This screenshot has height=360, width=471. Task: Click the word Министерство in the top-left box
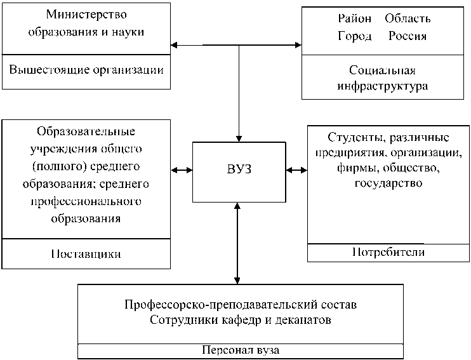[86, 15]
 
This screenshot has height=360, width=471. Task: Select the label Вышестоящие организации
[86, 70]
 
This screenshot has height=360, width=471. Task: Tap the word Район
[355, 18]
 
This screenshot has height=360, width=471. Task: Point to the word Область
[408, 18]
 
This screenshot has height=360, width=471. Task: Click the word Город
[355, 36]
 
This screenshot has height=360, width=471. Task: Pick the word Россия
[408, 36]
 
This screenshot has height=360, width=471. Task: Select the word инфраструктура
[382, 86]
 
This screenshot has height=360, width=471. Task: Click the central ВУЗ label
[239, 169]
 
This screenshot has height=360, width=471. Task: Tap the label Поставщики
[86, 254]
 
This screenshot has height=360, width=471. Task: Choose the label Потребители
[388, 252]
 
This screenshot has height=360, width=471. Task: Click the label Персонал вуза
[241, 350]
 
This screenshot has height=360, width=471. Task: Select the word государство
[388, 183]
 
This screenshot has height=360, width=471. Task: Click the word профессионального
[86, 201]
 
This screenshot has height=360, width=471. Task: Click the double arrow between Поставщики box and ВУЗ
[182, 170]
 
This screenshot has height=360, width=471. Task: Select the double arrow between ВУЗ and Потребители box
[296, 170]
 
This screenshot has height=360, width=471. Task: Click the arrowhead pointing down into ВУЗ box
[239, 138]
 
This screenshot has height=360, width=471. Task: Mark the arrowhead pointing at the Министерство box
[174, 45]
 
